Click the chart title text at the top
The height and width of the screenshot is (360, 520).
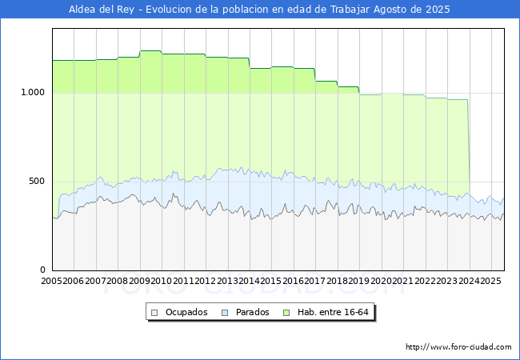(x=260, y=10)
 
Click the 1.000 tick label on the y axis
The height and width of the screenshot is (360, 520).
(x=31, y=92)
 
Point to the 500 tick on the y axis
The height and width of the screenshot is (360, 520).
(x=37, y=181)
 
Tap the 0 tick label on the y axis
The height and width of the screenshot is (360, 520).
(x=44, y=270)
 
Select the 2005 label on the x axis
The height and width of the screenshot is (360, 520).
(x=52, y=281)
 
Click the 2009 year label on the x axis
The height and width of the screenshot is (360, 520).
(x=140, y=281)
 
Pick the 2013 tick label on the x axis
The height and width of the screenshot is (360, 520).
(x=227, y=281)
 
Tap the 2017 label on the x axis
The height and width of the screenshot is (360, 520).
(x=315, y=281)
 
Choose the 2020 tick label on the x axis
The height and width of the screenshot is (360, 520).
(x=381, y=281)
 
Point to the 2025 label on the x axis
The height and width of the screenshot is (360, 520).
(x=490, y=281)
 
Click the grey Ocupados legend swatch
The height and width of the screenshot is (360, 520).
(x=156, y=312)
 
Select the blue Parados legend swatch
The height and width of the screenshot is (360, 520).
(x=225, y=312)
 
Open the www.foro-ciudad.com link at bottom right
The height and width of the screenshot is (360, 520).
(x=458, y=347)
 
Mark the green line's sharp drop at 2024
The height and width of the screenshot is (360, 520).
(x=469, y=144)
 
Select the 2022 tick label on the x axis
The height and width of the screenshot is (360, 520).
(x=425, y=281)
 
